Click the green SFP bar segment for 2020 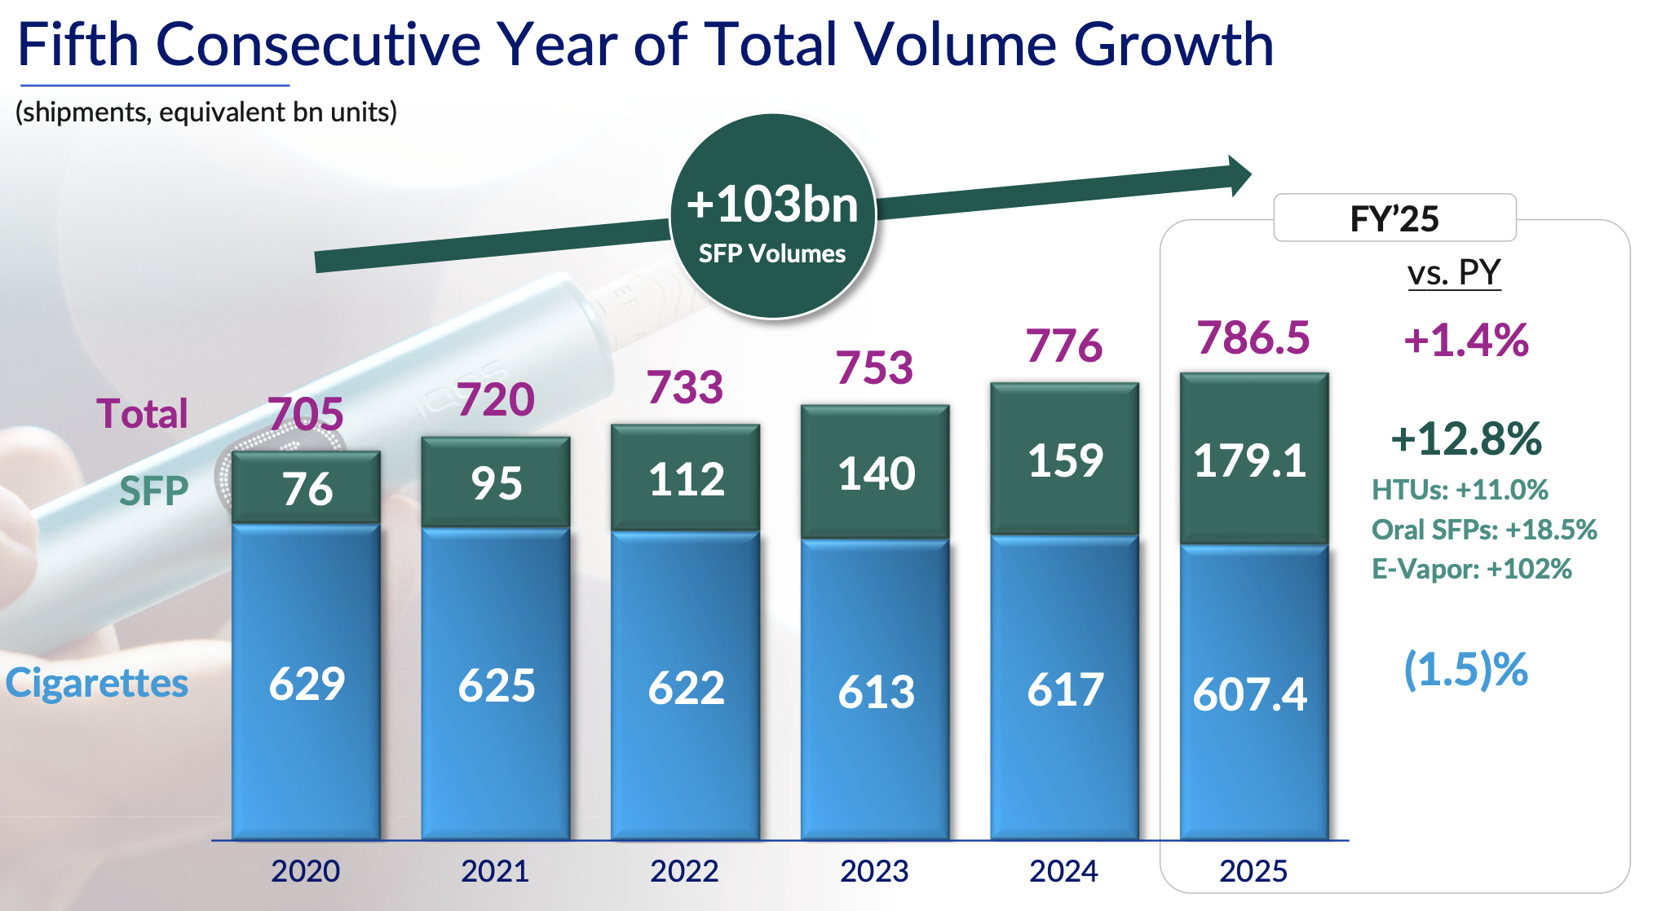pos(306,487)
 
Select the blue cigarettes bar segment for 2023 pos(875,689)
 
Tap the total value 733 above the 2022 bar pos(685,387)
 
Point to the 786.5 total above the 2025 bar pos(1253,337)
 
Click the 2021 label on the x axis pos(495,871)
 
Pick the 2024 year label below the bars pos(1063,871)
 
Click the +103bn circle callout pos(773,216)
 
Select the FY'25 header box pos(1394,218)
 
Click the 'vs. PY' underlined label pos(1454,272)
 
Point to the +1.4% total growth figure pos(1465,340)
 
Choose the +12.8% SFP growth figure pos(1465,438)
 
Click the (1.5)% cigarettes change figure pos(1465,670)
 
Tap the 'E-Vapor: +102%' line pos(1471,569)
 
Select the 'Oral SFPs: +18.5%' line pos(1484,530)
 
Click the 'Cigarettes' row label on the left pos(97,683)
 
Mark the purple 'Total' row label pos(142,413)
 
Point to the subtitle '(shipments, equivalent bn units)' pos(206,112)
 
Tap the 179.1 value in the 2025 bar pos(1250,460)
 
